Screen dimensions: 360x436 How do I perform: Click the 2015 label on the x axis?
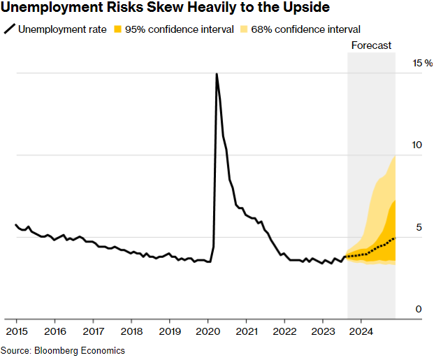(17, 330)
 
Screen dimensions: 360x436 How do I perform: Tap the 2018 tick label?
(131, 330)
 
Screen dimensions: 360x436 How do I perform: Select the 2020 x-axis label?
(208, 330)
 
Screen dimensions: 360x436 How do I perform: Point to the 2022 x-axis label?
(284, 330)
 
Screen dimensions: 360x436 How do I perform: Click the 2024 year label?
(361, 330)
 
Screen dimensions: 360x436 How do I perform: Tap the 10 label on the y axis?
(417, 145)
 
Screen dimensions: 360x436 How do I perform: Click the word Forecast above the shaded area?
(371, 45)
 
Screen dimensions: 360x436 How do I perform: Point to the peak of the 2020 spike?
(217, 73)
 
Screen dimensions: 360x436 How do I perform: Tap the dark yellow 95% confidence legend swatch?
(119, 29)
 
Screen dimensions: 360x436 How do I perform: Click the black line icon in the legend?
(9, 29)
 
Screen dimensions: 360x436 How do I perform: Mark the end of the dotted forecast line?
(395, 238)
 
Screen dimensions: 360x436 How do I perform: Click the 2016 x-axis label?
(55, 330)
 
